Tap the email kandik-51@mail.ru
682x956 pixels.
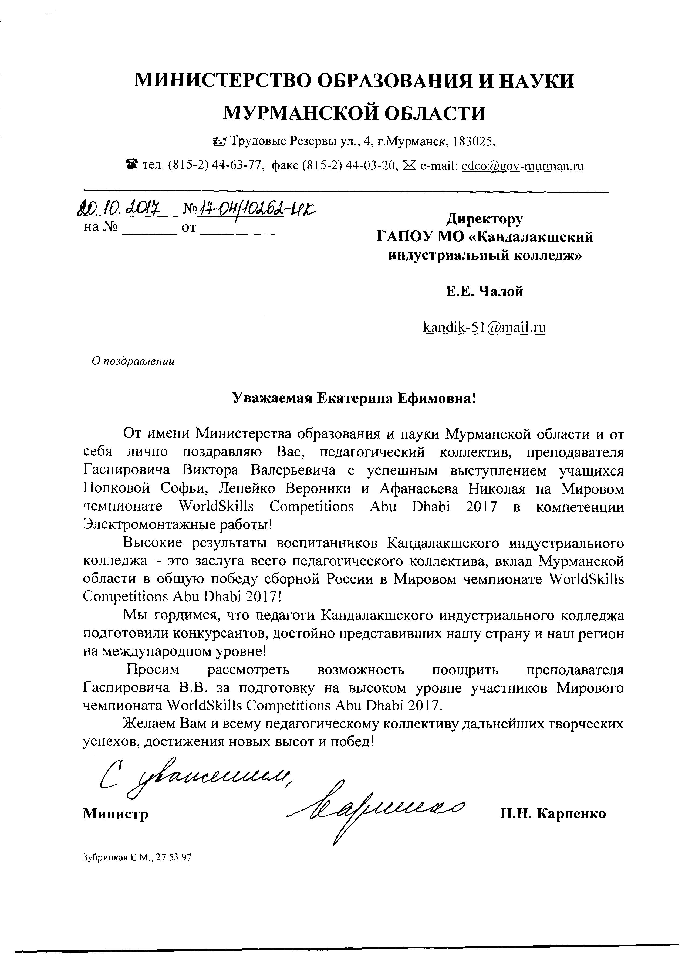(485, 327)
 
